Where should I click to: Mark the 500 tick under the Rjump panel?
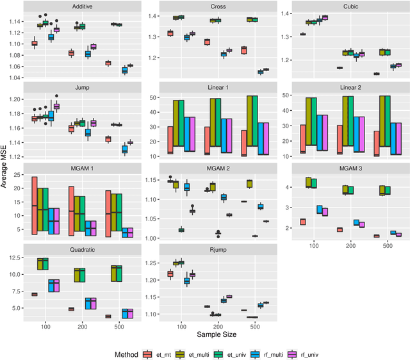click(255, 326)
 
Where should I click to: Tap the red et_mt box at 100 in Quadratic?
click(35, 294)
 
